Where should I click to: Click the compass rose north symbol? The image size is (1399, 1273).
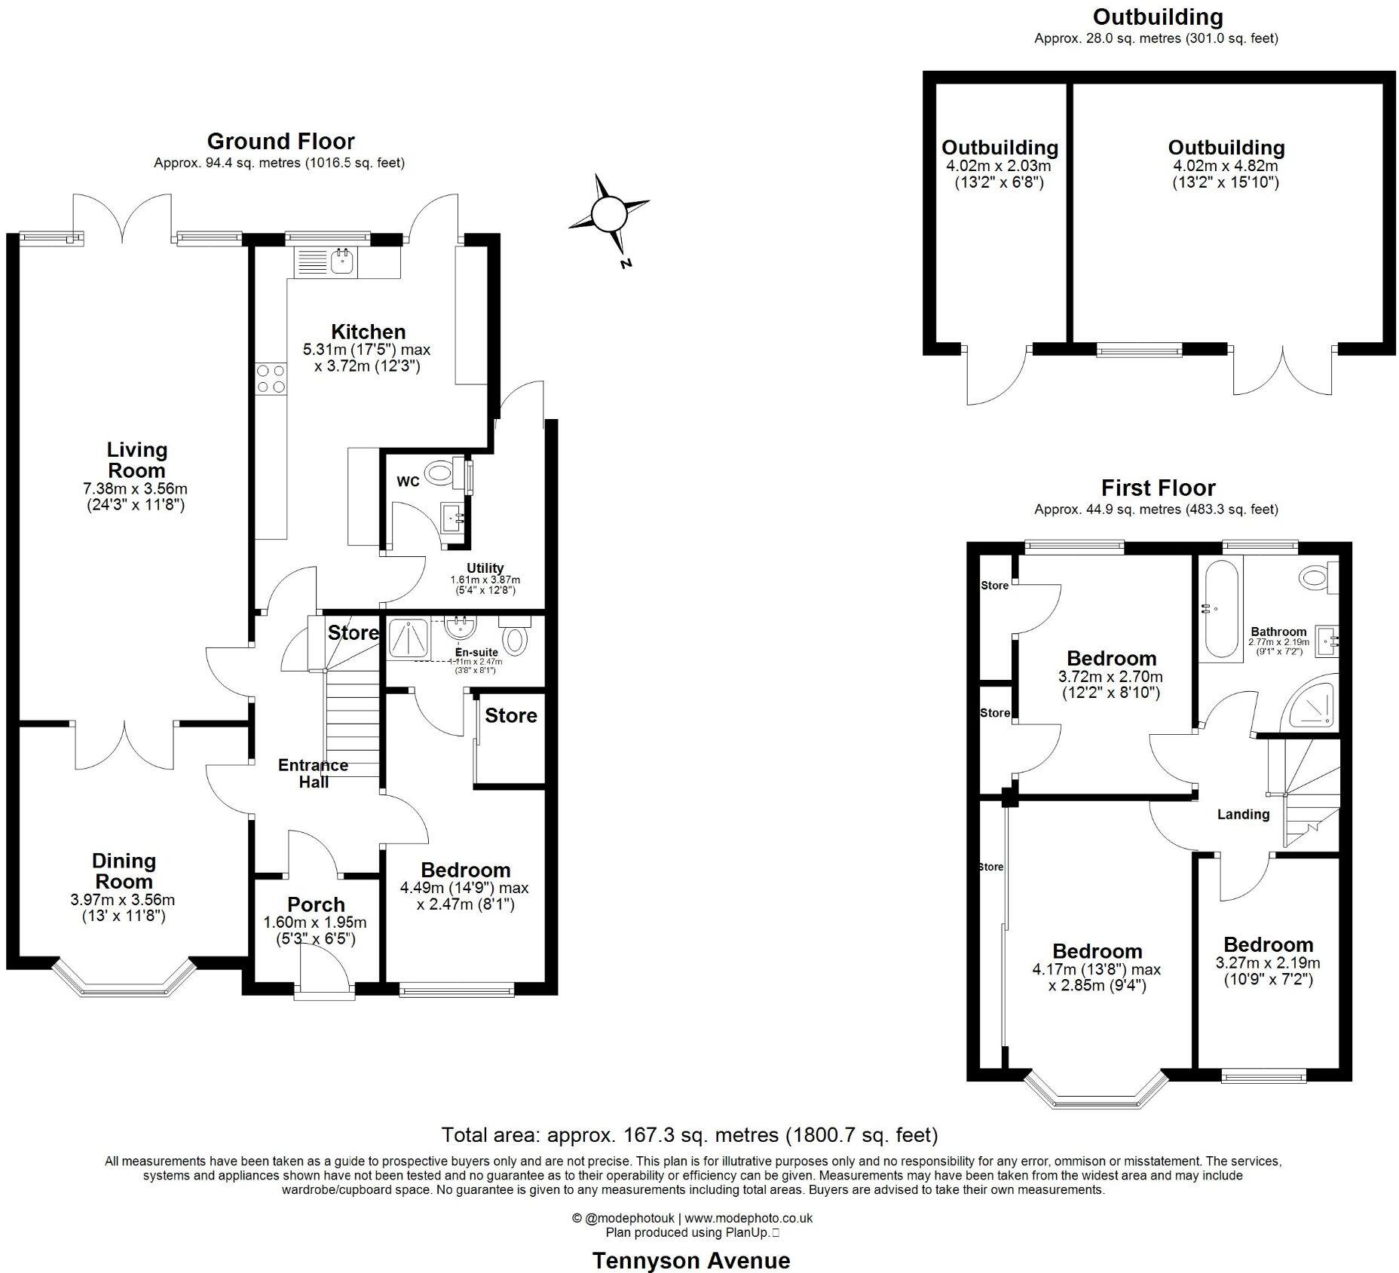point(609,216)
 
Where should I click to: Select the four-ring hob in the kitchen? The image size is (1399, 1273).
point(271,379)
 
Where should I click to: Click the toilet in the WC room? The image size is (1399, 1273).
point(439,473)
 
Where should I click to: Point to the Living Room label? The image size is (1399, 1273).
point(136,460)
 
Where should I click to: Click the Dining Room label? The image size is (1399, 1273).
point(124,871)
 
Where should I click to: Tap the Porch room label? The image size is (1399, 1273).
point(316,904)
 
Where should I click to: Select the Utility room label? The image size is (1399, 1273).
point(485,568)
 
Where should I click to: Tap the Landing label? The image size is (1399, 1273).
point(1243,814)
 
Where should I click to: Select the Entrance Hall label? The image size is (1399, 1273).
point(313,773)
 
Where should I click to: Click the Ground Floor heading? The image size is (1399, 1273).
point(280,141)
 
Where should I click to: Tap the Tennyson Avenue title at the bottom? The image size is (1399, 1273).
point(690,1260)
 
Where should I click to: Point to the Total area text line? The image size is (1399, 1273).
point(689,1134)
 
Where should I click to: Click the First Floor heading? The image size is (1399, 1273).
point(1158,488)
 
